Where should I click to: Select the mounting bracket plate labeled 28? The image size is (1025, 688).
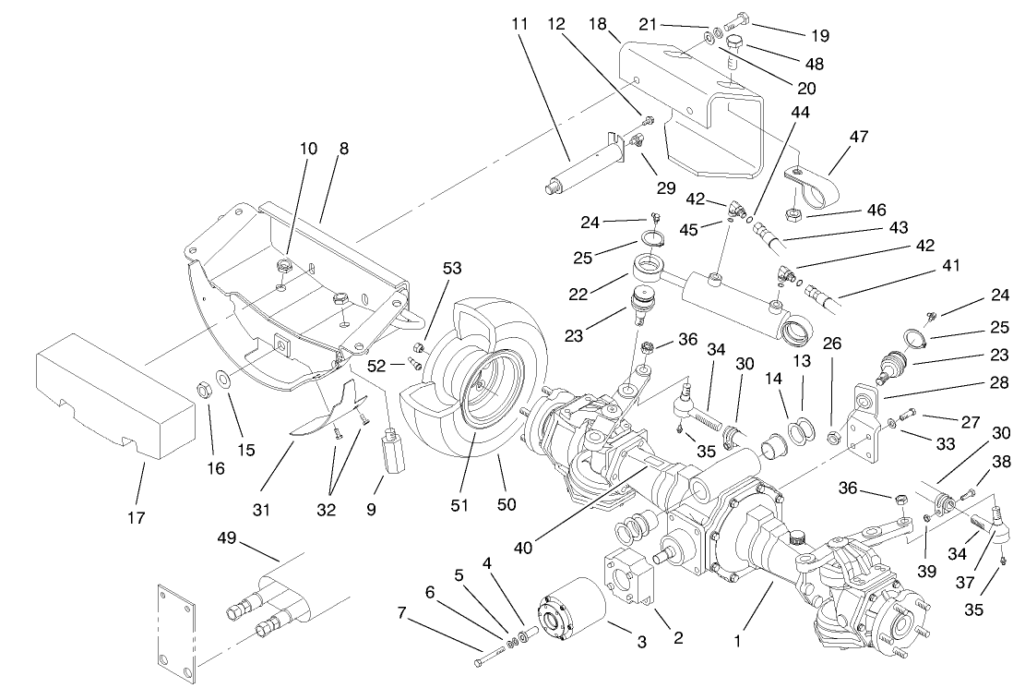[x=864, y=425]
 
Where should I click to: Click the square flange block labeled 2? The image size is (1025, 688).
[x=630, y=581]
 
